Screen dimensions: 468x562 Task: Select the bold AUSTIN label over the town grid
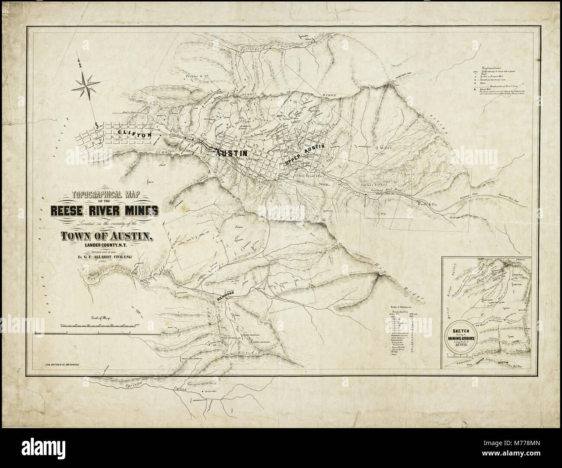pos(232,153)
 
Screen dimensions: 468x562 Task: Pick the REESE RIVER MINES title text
pos(104,210)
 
